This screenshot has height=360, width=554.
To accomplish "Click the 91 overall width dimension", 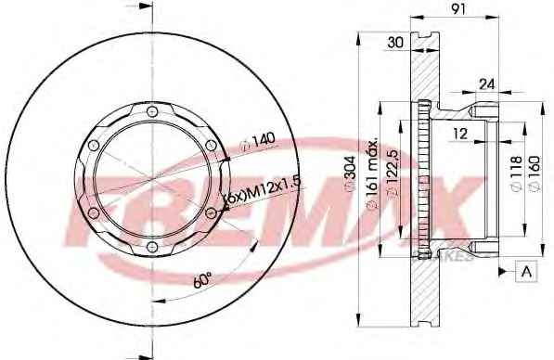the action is pyautogui.click(x=458, y=9).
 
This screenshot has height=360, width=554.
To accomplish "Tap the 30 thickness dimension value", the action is pyautogui.click(x=395, y=43).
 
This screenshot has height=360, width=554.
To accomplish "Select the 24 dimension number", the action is pyautogui.click(x=487, y=84).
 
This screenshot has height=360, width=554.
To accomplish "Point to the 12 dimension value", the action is pyautogui.click(x=460, y=134).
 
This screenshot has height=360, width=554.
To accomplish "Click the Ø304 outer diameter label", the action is pyautogui.click(x=350, y=174).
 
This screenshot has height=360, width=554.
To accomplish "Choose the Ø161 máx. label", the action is pyautogui.click(x=372, y=174).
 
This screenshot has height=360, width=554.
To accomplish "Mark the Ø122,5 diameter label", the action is pyautogui.click(x=393, y=174).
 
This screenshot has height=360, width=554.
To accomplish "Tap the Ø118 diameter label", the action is pyautogui.click(x=517, y=174).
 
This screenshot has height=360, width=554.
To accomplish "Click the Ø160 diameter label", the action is pyautogui.click(x=535, y=174).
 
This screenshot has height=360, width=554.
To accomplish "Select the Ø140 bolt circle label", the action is pyautogui.click(x=257, y=141).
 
